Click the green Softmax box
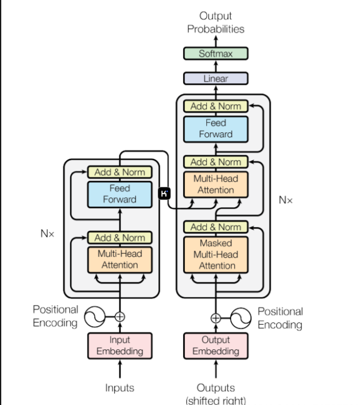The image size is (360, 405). (x=216, y=54)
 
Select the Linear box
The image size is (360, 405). (x=216, y=78)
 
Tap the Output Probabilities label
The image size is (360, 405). (x=216, y=23)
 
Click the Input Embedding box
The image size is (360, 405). (x=120, y=345)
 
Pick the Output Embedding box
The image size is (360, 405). (x=216, y=345)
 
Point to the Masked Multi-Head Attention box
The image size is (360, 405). (x=216, y=255)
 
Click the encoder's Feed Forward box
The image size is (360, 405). (x=120, y=193)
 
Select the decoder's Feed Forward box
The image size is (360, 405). (x=216, y=128)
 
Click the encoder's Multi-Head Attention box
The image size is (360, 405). (x=120, y=260)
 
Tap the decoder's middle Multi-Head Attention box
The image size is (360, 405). (x=216, y=184)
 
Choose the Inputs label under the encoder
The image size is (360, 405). (x=120, y=388)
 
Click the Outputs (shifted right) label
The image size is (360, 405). (x=216, y=393)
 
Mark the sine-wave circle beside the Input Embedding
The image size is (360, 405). (x=95, y=316)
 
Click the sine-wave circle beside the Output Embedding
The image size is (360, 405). (x=240, y=317)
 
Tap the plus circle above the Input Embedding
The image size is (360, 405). (x=120, y=317)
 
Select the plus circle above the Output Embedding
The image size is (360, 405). (x=216, y=318)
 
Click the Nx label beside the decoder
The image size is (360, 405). (x=286, y=200)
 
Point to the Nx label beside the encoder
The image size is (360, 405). (x=47, y=234)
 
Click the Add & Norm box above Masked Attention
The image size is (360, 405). (x=216, y=227)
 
